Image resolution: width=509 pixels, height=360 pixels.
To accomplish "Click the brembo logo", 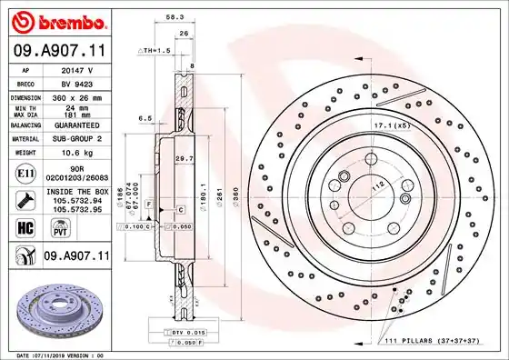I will [55, 20].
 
